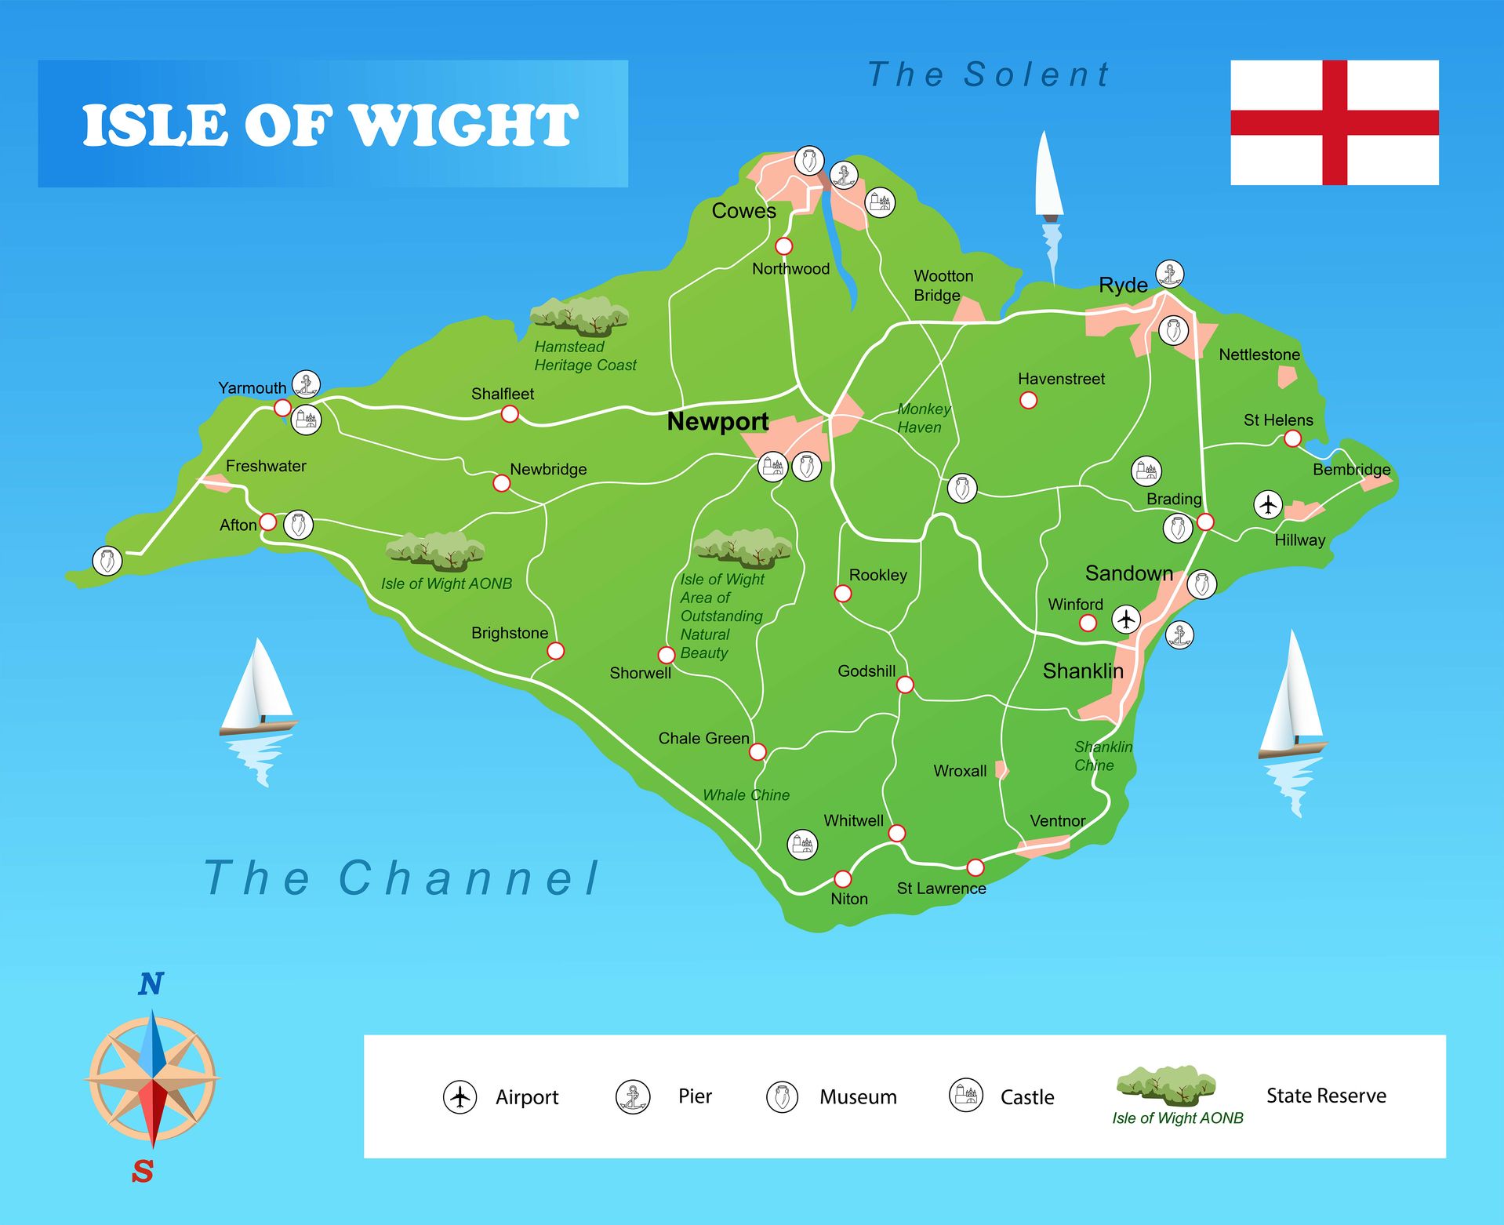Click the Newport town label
click(x=717, y=422)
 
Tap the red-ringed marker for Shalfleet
click(x=510, y=413)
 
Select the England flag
click(x=1334, y=122)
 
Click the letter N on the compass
click(x=151, y=983)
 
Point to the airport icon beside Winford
click(x=1126, y=619)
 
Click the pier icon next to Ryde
click(x=1169, y=274)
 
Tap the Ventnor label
click(x=1057, y=821)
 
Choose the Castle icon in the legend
click(x=966, y=1095)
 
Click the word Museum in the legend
click(x=858, y=1096)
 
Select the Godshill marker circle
click(x=905, y=685)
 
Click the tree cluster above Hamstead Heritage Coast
click(x=579, y=316)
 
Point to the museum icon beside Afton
click(x=298, y=525)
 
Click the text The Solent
click(x=988, y=75)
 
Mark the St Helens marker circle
click(x=1292, y=438)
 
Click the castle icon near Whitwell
click(x=802, y=845)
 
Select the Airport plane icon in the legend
click(x=460, y=1096)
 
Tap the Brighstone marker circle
click(x=555, y=650)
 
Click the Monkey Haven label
click(x=923, y=418)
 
